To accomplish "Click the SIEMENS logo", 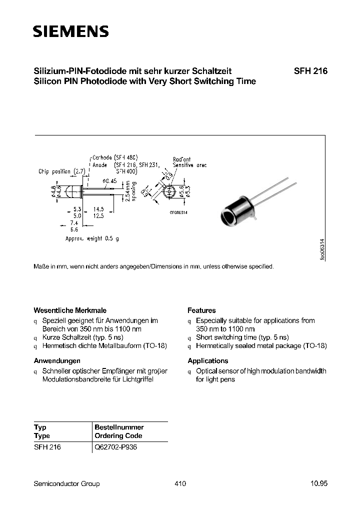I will point(70,32).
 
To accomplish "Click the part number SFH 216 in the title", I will point(310,71).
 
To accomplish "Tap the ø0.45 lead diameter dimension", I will point(109,181).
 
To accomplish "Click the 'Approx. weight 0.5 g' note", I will point(92,238).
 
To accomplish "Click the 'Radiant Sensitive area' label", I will point(189,162).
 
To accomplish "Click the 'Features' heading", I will point(201,310).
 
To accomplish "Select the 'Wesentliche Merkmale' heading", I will point(69,310).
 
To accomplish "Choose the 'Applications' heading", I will point(207,360).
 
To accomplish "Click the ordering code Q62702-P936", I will point(115,447).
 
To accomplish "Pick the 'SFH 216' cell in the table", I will point(47,447).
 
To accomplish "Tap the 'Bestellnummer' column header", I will point(119,427).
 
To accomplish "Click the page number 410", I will point(180,483).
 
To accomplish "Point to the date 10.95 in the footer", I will point(318,483).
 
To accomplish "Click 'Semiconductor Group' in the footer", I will point(66,483).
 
